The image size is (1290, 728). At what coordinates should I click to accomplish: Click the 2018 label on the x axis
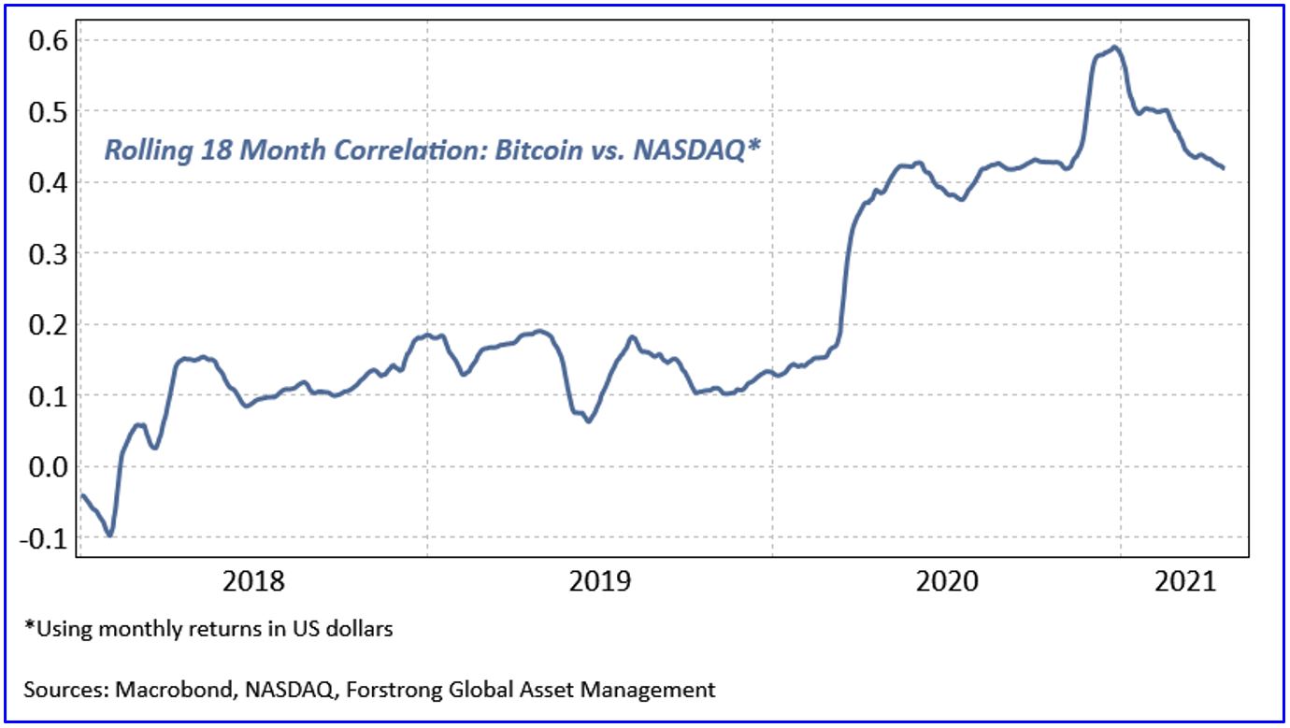(x=253, y=581)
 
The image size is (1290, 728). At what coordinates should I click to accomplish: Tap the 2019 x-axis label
(x=599, y=581)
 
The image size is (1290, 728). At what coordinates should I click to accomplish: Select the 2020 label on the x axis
(x=946, y=581)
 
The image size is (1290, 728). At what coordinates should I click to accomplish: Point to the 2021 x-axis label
(x=1185, y=581)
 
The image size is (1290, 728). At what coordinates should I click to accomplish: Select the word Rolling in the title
(x=139, y=150)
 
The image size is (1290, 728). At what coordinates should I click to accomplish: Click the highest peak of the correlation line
(x=1114, y=48)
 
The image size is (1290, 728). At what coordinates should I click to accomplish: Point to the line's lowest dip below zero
(x=110, y=535)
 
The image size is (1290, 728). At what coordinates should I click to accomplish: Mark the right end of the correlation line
(x=1224, y=167)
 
